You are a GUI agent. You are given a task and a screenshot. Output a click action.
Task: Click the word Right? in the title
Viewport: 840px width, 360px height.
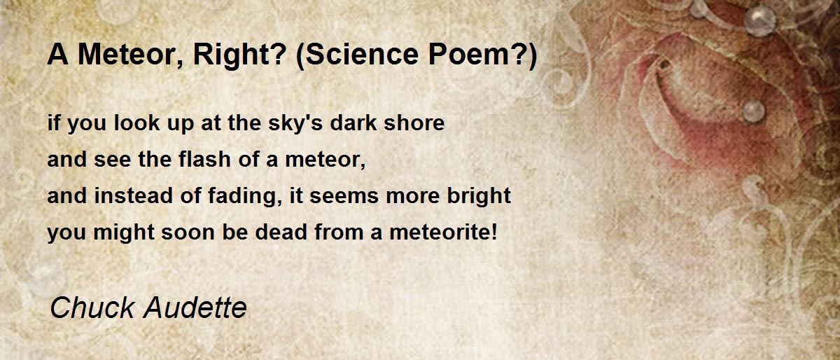[239, 55]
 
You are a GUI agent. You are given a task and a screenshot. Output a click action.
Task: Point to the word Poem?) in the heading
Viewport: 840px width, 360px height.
[483, 55]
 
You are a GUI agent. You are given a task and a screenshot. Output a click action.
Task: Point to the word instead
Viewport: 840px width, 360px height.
[134, 195]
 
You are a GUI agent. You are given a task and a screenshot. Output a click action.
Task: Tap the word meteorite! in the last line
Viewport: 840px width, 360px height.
[444, 232]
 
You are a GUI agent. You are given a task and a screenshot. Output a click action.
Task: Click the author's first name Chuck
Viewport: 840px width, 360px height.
[92, 307]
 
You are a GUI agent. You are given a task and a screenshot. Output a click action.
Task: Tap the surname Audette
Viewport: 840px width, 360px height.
[195, 307]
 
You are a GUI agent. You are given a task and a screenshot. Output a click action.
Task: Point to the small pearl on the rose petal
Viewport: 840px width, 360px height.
[753, 111]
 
